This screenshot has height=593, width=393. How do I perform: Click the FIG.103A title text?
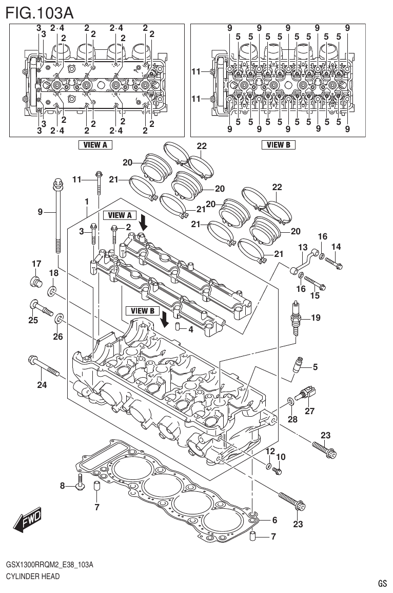coord(40,12)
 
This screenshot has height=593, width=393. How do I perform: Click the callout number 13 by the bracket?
coord(303,248)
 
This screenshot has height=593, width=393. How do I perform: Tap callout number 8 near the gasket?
coord(63,486)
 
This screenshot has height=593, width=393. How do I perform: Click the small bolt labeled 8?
coord(80,483)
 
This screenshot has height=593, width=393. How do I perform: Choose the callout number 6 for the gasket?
coord(274,520)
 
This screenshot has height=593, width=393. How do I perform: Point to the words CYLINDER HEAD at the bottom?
coord(33,576)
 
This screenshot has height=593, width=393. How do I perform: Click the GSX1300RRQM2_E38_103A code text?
coord(49,565)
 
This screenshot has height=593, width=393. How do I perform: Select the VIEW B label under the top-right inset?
coord(278,145)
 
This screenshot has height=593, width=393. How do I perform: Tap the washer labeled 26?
coord(60,320)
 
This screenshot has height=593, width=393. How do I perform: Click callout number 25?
coord(33,320)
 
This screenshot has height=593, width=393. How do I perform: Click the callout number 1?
coord(87,201)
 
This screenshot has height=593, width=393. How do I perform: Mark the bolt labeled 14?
coord(334,264)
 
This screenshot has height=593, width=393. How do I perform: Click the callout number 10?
coord(281,457)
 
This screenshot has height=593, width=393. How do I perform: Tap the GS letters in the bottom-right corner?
coord(382,583)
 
